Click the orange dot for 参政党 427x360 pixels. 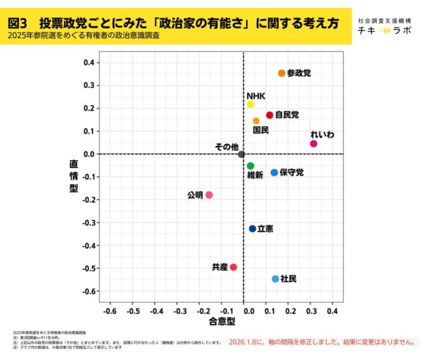coord(282,73)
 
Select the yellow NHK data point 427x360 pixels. coord(250,105)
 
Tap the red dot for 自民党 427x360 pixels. coord(270,115)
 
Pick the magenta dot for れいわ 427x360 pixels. coord(314,143)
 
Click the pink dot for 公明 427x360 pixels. coord(209,195)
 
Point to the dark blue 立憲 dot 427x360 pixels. coord(252,229)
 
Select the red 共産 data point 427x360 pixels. coord(233,267)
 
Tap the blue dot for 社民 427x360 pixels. coord(276,279)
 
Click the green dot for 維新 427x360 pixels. coord(250,166)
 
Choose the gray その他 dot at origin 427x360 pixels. coord(242,155)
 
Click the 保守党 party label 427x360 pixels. coord(292,173)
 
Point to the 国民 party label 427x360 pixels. coord(261,130)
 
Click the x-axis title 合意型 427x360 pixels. coord(222,322)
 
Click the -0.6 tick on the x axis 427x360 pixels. coord(109,311)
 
